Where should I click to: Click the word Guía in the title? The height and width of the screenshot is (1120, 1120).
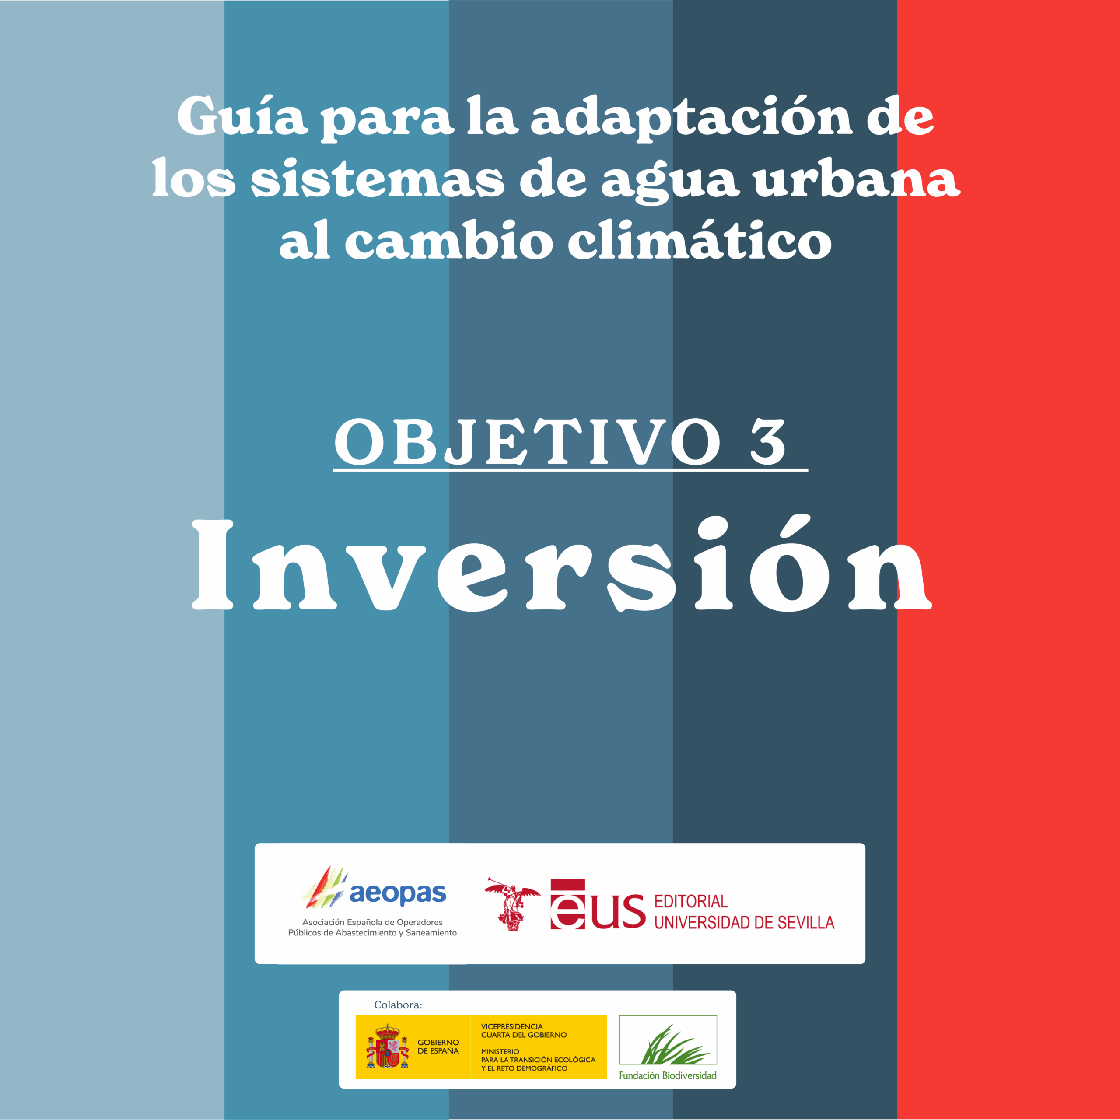[241, 117]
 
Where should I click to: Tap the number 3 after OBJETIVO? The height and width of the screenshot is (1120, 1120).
[768, 442]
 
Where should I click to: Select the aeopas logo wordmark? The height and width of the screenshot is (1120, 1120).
[398, 895]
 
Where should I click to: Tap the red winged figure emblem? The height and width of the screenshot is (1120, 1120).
[512, 904]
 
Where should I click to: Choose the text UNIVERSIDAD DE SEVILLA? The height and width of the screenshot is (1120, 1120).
[744, 922]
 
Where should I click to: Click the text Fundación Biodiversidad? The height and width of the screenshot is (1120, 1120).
[668, 1076]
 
